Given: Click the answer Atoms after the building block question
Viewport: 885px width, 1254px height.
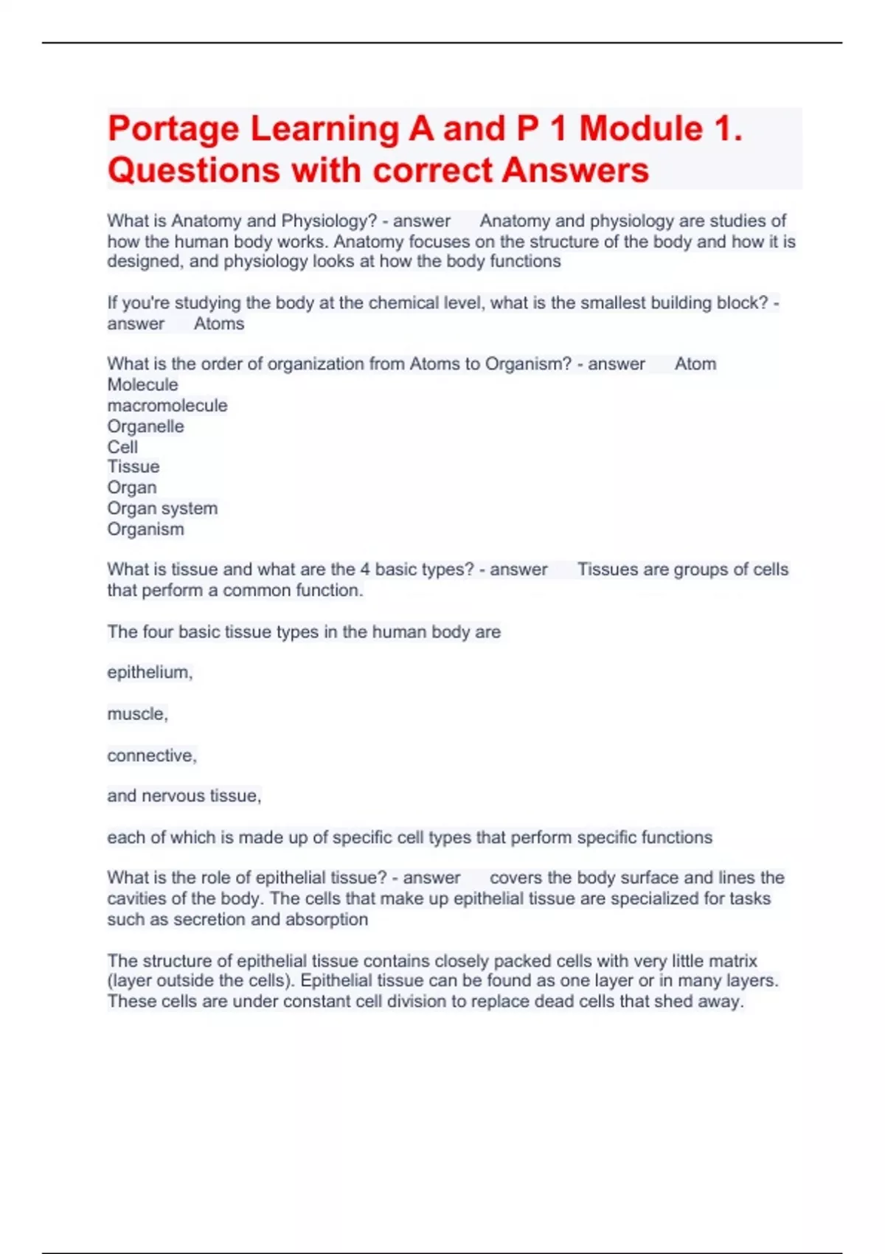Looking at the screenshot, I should click(x=219, y=324).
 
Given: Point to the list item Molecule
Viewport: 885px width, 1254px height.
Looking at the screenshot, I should click(x=142, y=385).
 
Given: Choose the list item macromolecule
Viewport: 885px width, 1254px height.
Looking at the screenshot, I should click(x=167, y=406).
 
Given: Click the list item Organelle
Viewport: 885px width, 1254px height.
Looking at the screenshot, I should click(x=145, y=426).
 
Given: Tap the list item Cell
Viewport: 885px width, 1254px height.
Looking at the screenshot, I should click(x=122, y=447).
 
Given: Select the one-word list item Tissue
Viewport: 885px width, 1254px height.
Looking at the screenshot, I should click(x=133, y=467).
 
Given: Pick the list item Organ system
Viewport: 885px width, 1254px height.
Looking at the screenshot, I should click(x=162, y=508).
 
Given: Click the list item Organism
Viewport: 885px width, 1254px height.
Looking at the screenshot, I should click(x=145, y=529).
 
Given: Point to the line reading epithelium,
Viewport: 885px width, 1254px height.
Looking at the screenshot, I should click(x=150, y=673).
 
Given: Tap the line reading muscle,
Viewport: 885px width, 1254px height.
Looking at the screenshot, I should click(x=137, y=714).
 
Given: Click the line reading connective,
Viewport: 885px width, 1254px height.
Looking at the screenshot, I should click(x=152, y=755).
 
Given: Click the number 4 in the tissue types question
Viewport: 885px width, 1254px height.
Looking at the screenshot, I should click(x=365, y=569).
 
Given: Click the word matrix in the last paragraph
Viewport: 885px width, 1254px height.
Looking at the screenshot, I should click(x=732, y=961).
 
